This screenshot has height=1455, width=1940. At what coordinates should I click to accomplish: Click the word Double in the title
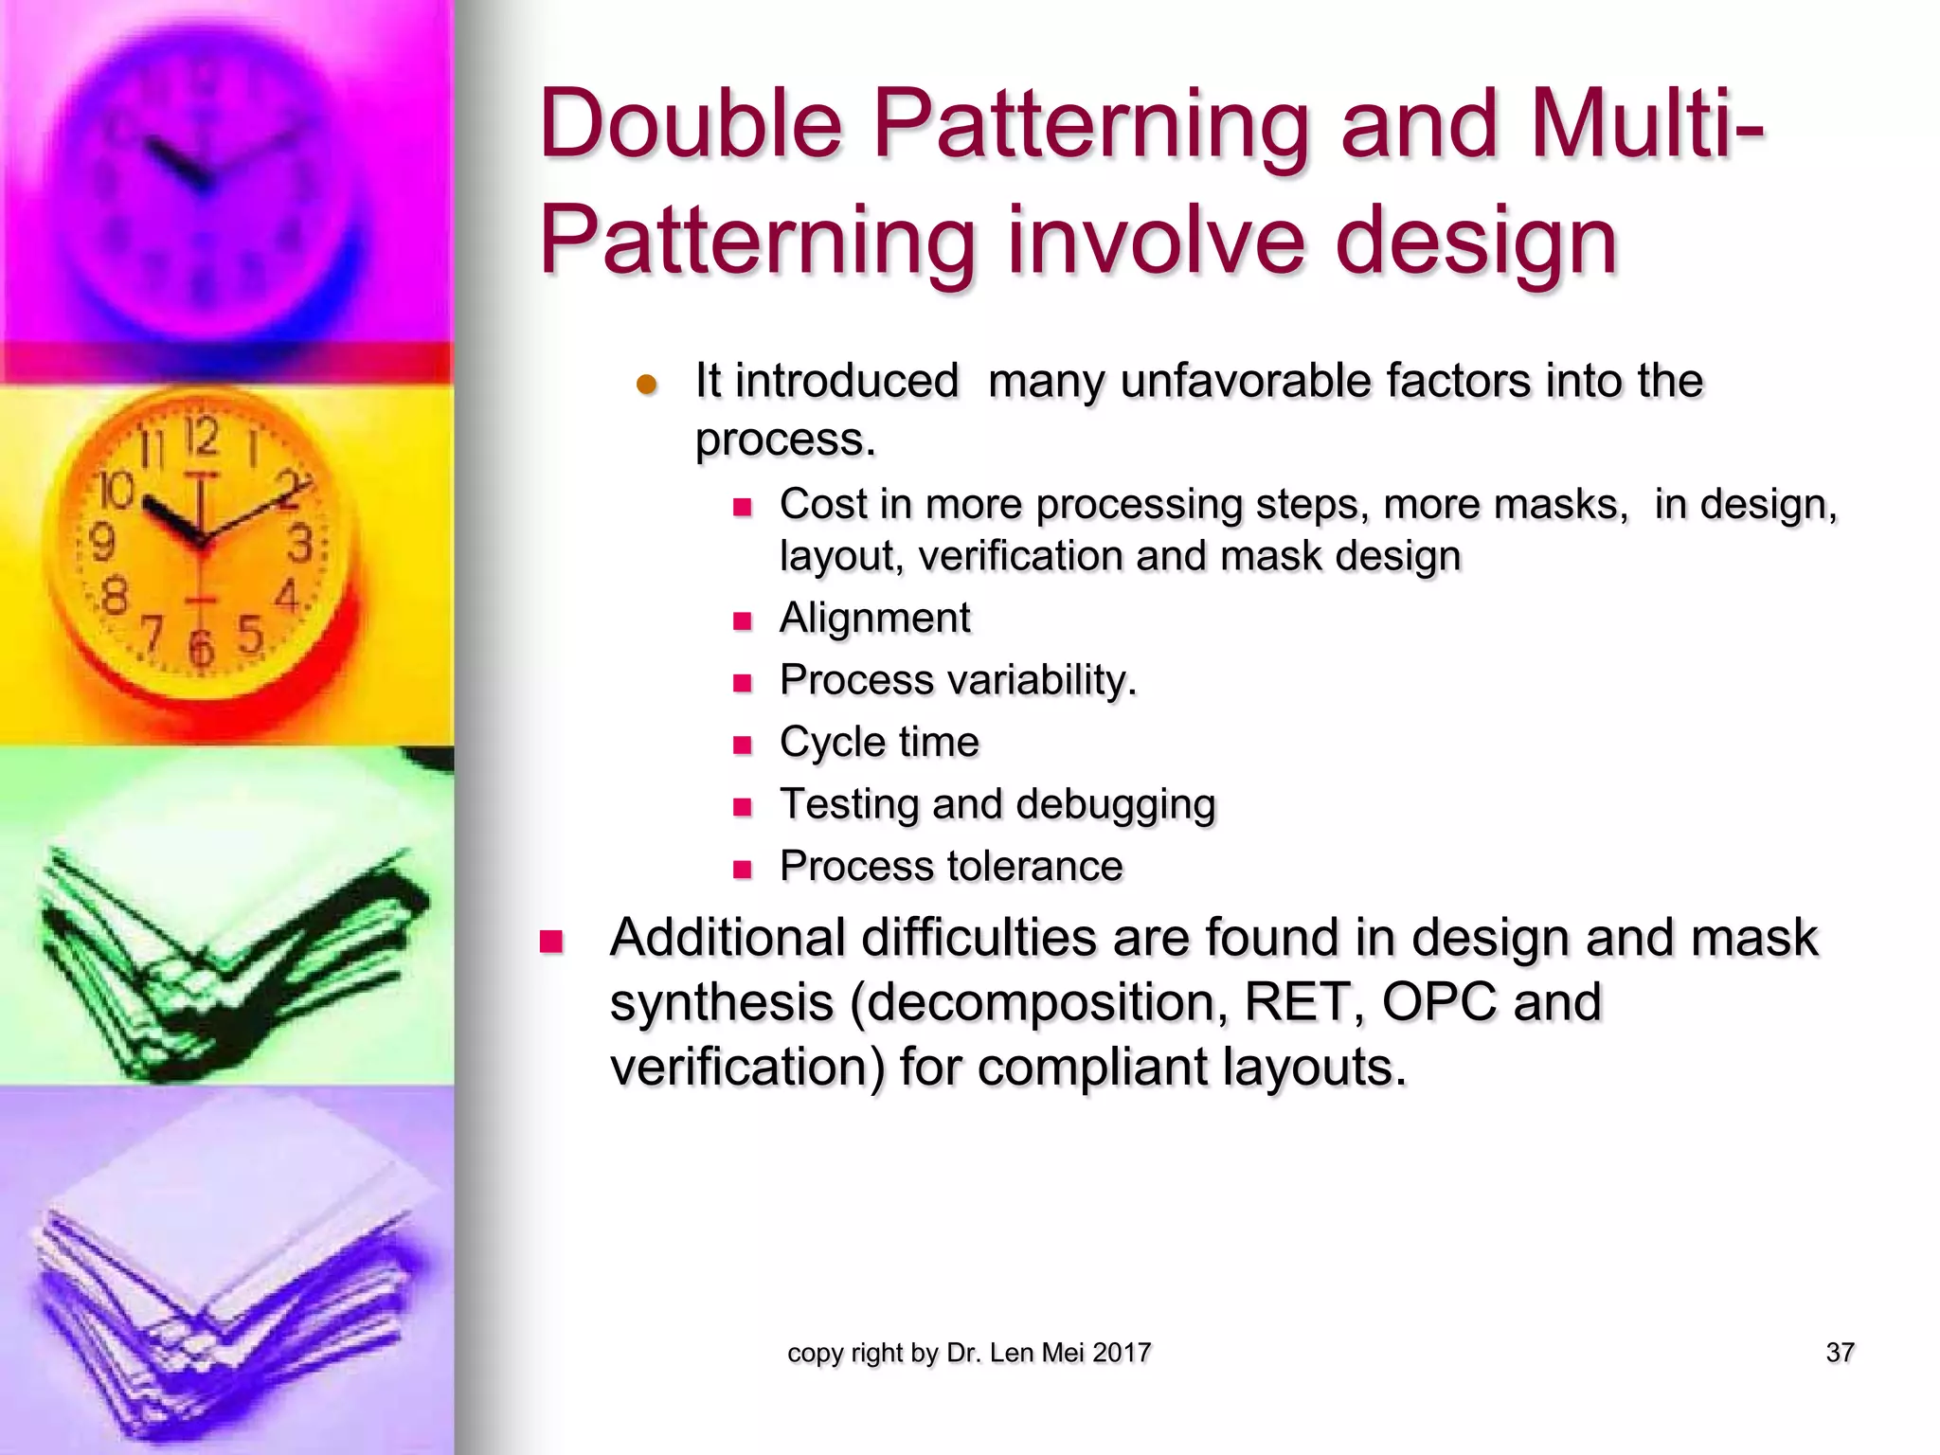pyautogui.click(x=691, y=125)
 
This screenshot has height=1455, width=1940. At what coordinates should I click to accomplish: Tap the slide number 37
pyautogui.click(x=1840, y=1353)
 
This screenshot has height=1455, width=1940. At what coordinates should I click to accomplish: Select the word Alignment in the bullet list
pyautogui.click(x=874, y=619)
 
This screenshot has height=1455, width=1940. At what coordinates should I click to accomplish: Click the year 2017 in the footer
pyautogui.click(x=1122, y=1353)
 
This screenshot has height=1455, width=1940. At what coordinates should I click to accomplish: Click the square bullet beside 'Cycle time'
pyautogui.click(x=743, y=745)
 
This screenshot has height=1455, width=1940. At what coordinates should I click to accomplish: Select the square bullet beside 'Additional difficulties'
pyautogui.click(x=551, y=942)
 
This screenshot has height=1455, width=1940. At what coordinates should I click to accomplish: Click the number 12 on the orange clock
pyautogui.click(x=201, y=438)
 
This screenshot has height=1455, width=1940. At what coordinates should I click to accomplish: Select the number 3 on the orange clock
pyautogui.click(x=299, y=545)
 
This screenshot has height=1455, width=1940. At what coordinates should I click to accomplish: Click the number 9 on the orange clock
pyautogui.click(x=101, y=543)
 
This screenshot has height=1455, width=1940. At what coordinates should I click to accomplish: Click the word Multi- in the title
pyautogui.click(x=1646, y=125)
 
